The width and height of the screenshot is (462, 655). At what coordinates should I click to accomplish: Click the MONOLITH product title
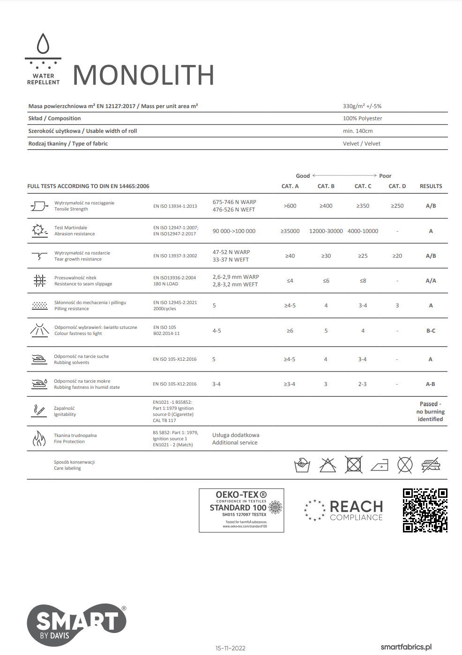tap(143, 75)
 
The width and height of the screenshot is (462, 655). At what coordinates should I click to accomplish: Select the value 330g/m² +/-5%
tap(362, 106)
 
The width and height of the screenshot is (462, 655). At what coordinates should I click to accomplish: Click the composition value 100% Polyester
tap(362, 118)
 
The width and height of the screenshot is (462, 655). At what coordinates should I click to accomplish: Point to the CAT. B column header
tap(326, 186)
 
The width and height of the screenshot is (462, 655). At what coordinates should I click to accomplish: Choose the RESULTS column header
tap(431, 186)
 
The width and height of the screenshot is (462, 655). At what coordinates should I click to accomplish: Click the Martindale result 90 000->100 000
tap(234, 231)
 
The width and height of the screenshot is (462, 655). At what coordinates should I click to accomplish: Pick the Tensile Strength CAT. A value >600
tap(290, 206)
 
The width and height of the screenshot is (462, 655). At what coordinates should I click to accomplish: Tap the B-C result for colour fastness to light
tap(431, 331)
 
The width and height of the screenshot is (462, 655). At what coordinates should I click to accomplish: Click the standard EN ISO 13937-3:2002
tap(175, 256)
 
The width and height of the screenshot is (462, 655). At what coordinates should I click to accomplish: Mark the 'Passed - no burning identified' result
tap(430, 411)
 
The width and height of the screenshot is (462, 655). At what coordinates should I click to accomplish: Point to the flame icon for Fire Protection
tap(39, 438)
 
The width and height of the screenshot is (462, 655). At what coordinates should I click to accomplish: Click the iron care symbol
tap(380, 465)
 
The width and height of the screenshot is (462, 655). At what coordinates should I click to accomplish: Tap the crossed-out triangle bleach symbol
tap(328, 465)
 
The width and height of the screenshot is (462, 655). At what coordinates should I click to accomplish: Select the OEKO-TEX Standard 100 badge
tap(241, 510)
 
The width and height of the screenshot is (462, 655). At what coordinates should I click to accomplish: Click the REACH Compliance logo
tap(344, 510)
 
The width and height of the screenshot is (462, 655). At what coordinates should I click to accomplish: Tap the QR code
tap(425, 510)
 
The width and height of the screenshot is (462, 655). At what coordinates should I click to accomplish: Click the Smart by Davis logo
tap(76, 625)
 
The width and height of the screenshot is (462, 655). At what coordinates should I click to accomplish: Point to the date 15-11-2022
tap(230, 648)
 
